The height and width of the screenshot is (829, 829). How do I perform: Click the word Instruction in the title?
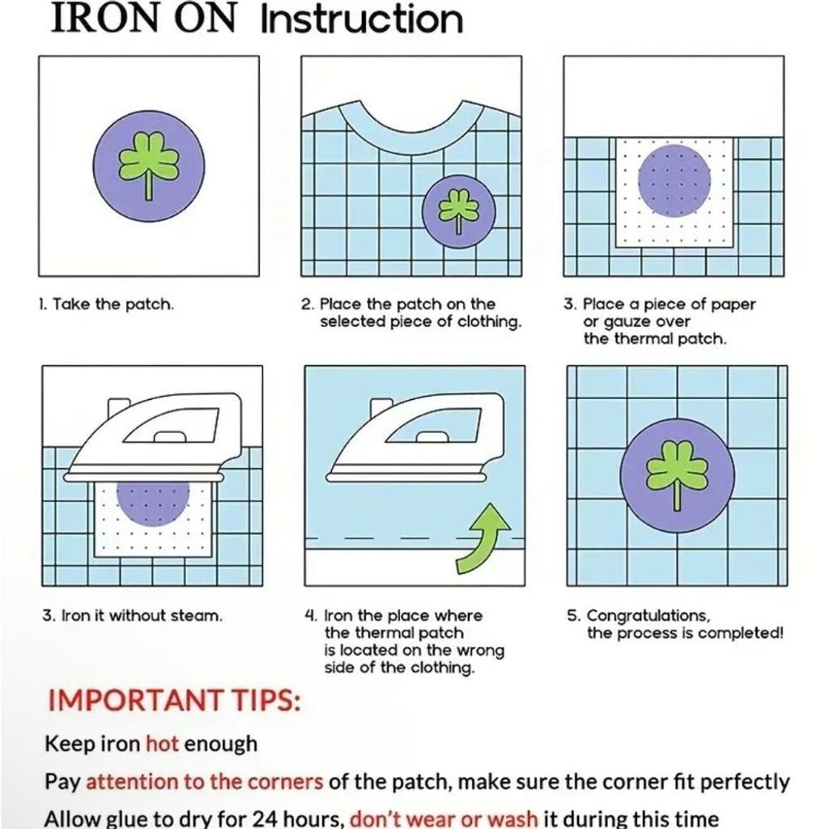(362, 19)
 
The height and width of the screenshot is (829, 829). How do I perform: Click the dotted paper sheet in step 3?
(674, 193)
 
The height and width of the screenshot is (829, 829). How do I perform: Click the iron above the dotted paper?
(153, 438)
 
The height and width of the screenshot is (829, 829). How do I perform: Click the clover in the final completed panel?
(677, 476)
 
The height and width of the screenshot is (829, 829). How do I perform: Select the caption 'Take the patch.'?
(113, 304)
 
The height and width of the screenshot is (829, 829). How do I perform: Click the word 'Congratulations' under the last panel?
(648, 616)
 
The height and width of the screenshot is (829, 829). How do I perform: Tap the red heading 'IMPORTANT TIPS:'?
(175, 700)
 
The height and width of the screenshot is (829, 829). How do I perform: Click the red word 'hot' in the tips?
(162, 744)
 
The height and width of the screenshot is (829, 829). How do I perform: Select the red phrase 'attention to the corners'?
(205, 782)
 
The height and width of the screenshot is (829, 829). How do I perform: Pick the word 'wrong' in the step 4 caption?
(480, 650)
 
